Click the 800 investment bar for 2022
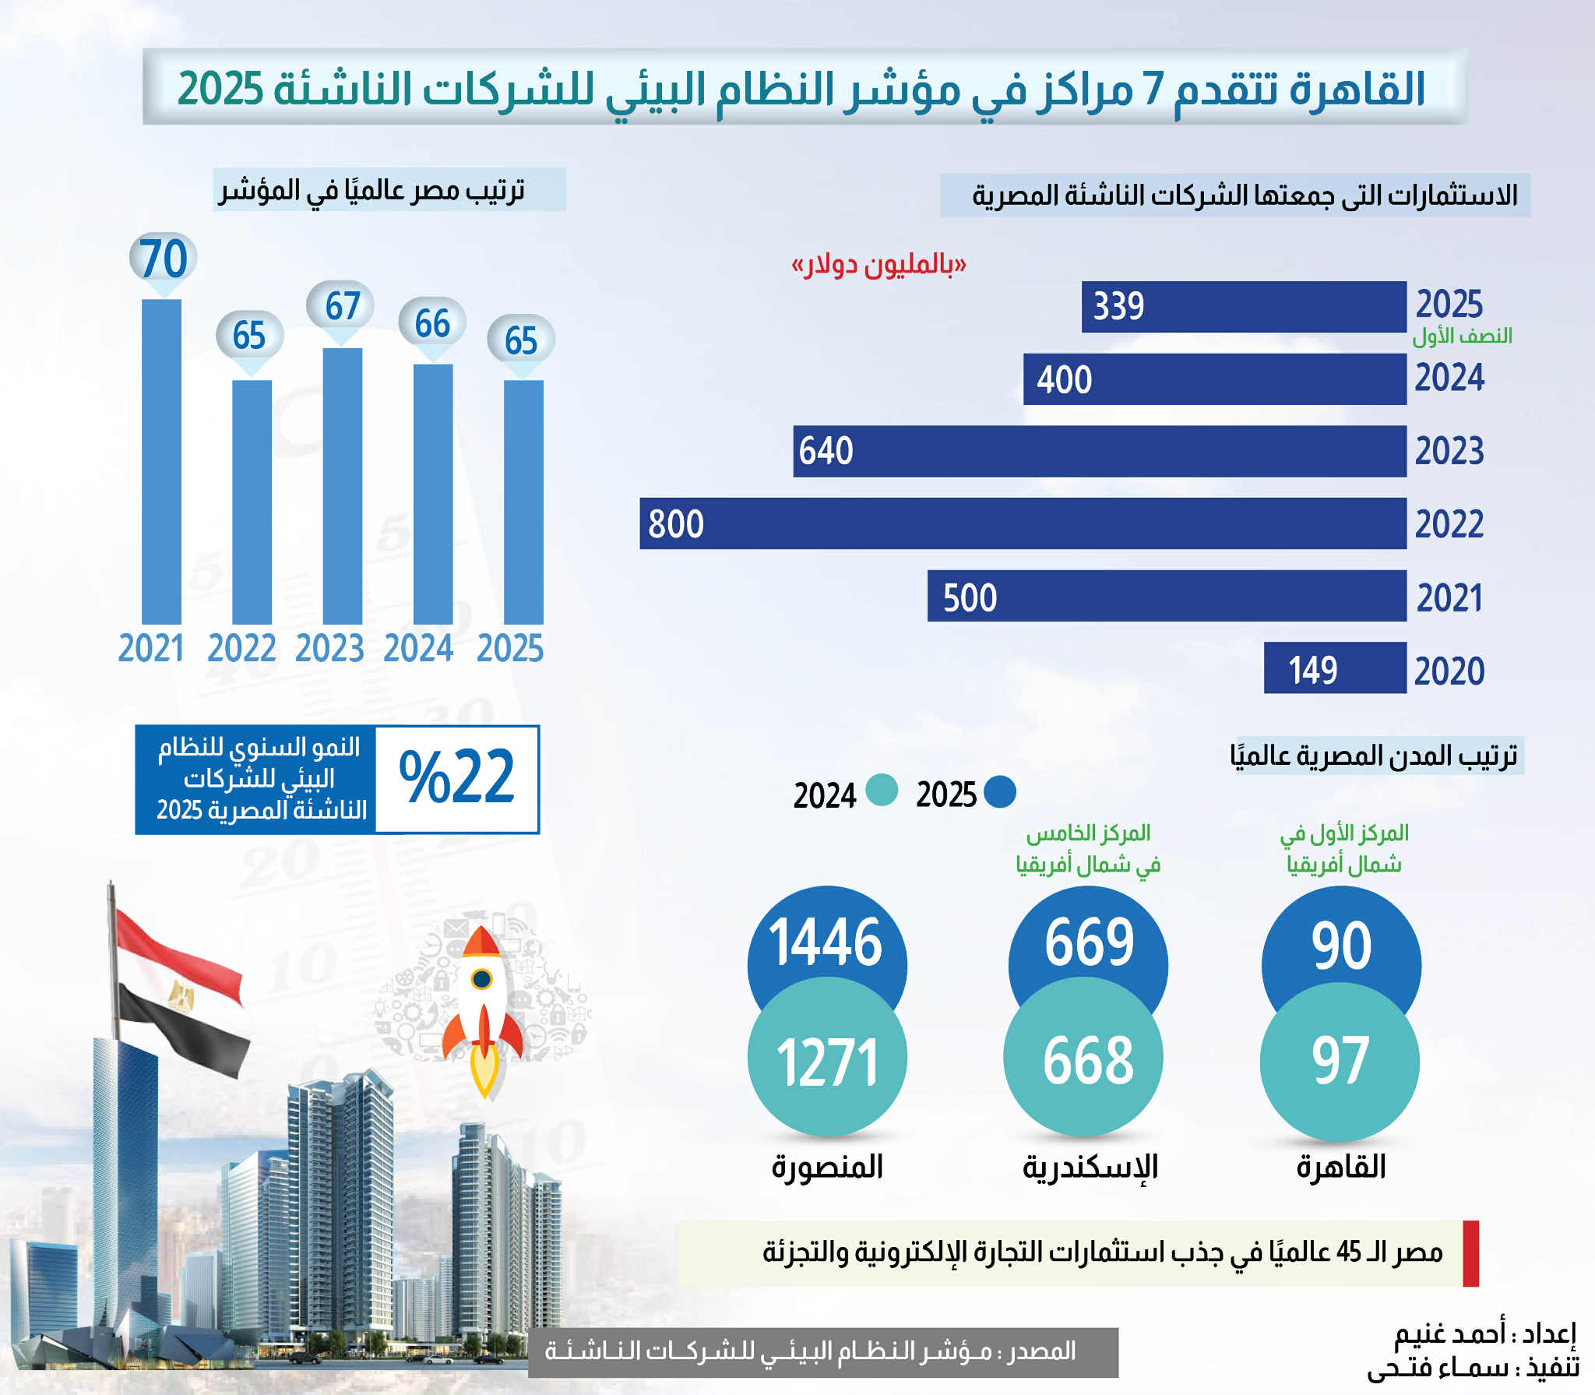point(1023,523)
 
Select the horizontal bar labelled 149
point(1335,668)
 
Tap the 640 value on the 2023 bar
point(826,451)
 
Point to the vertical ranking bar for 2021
point(161,462)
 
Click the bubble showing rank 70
point(163,258)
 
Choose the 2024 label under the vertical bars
point(418,649)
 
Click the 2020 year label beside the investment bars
point(1449,671)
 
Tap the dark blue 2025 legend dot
point(1000,792)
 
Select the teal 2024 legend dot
point(881,791)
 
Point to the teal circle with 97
point(1340,1062)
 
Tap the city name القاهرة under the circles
point(1341,1167)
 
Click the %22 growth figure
point(457,778)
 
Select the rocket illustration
point(483,1009)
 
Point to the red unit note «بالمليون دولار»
point(878,265)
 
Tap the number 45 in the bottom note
point(1349,1252)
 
